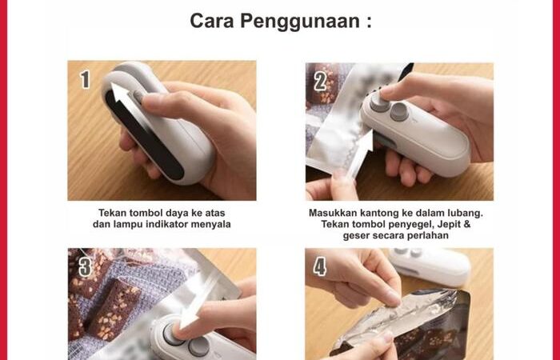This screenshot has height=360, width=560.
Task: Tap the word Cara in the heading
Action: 212,21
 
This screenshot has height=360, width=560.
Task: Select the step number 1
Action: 85,79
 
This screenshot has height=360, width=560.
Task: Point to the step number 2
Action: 320,82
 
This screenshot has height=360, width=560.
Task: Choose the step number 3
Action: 86,266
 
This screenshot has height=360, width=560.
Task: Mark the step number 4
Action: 320,266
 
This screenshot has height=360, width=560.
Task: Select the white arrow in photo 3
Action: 198,300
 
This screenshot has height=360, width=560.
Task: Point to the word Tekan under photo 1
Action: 113,213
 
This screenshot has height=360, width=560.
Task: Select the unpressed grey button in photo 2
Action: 399,112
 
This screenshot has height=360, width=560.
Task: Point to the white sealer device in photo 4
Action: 429,266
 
